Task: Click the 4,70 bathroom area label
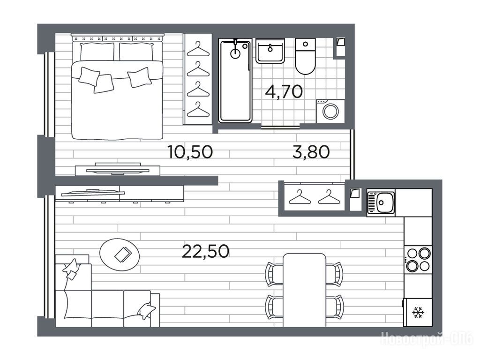pyautogui.click(x=284, y=91)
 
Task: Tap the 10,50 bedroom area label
pyautogui.click(x=190, y=152)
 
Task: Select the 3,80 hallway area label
pyautogui.click(x=311, y=152)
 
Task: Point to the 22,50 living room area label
pyautogui.click(x=205, y=252)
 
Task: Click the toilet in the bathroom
pyautogui.click(x=305, y=56)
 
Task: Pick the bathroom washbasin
pyautogui.click(x=270, y=51)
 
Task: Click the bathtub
pyautogui.click(x=235, y=81)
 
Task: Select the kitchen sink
pyautogui.click(x=381, y=202)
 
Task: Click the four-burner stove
pyautogui.click(x=418, y=260)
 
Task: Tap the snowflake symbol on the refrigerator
pyautogui.click(x=417, y=313)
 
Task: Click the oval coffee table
pyautogui.click(x=120, y=255)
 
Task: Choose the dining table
pyautogui.click(x=304, y=290)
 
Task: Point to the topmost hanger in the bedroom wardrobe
pyautogui.click(x=198, y=49)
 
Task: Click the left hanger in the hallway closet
pyautogui.click(x=300, y=197)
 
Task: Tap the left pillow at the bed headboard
pyautogui.click(x=97, y=52)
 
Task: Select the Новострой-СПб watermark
pyautogui.click(x=427, y=339)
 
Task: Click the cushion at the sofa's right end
pyautogui.click(x=147, y=311)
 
